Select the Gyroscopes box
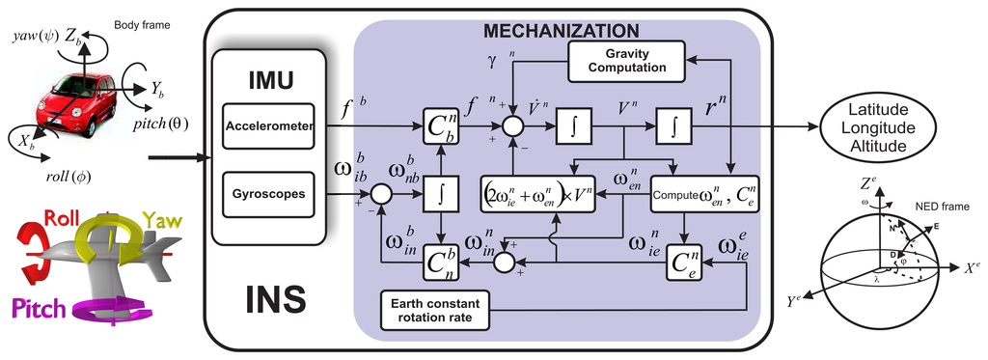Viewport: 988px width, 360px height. click(268, 194)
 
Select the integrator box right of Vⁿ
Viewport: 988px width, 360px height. click(669, 126)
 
